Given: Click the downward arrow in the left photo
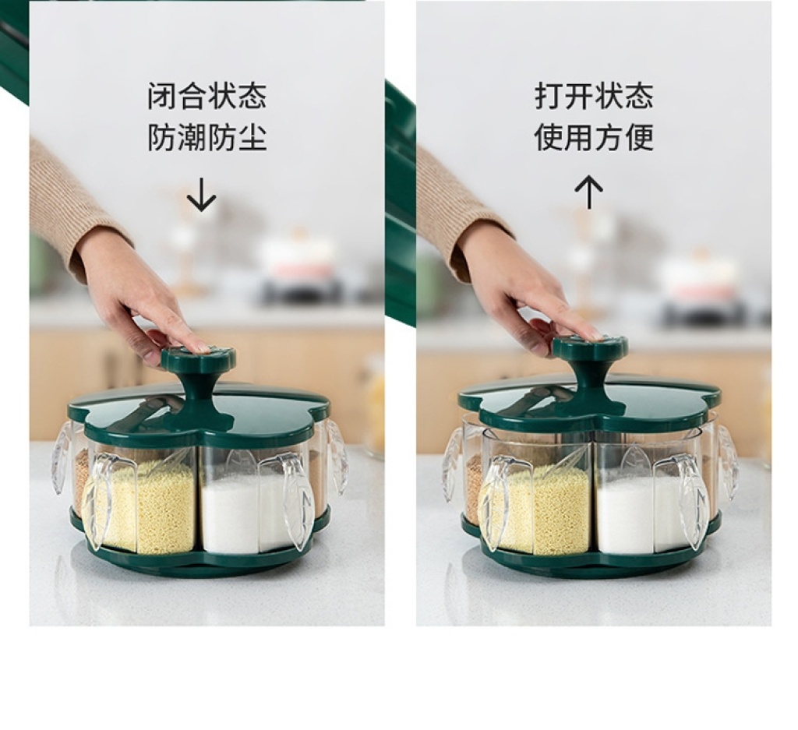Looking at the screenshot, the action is click(202, 194).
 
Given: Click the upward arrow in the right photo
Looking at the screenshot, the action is click(589, 192).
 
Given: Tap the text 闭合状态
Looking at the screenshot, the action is click(207, 97).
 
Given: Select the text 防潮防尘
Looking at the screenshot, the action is click(207, 137).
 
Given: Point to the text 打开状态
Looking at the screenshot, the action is click(594, 97).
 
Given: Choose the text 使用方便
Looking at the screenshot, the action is click(594, 137).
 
